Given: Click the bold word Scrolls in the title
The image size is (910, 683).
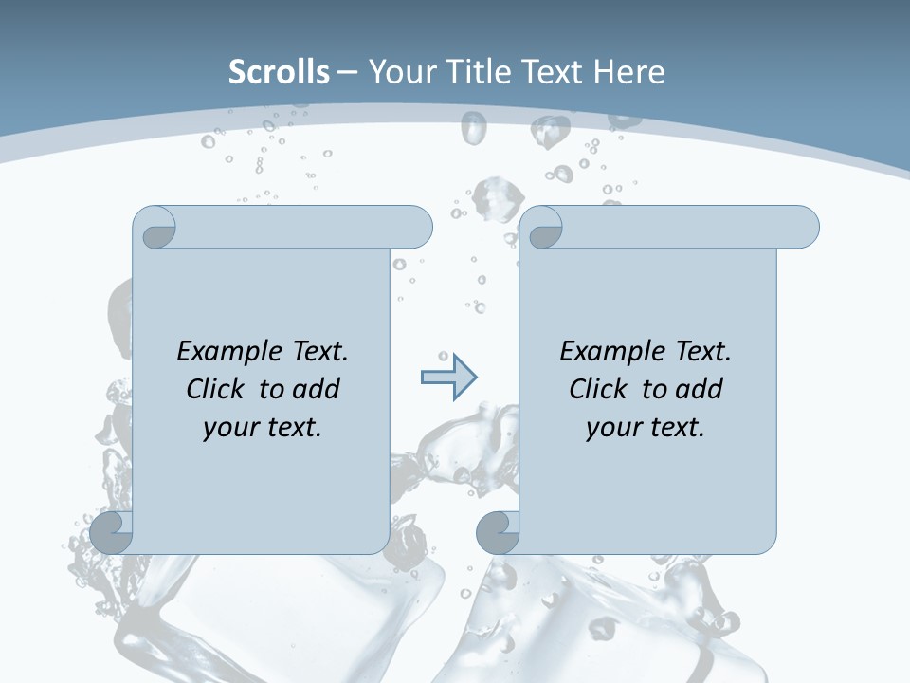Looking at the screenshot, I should pos(279,72).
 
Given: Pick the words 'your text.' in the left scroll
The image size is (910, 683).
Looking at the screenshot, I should pos(263,427).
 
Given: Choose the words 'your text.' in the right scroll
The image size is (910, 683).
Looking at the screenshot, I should pos(646,427).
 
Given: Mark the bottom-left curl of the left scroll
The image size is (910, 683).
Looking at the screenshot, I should pos(112,532).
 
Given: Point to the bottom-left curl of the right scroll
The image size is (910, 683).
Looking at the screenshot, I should pos(498,532).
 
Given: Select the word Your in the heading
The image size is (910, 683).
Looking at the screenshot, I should pos(396,72).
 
